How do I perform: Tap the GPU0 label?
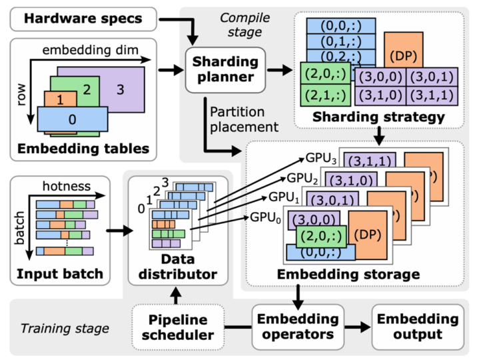pyautogui.click(x=266, y=217)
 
